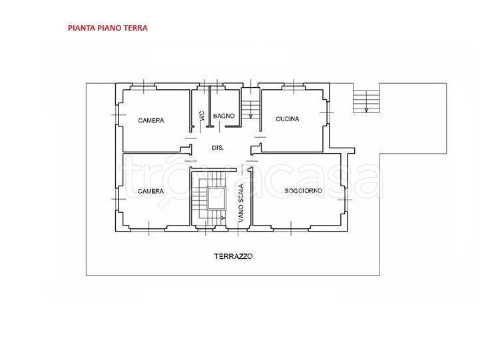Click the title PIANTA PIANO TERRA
(108, 28)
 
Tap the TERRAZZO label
(234, 256)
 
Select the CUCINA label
(288, 119)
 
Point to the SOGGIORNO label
(304, 191)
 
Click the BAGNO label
(224, 116)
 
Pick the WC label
(201, 116)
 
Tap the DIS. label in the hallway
(218, 148)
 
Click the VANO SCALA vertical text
(241, 203)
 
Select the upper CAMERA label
(151, 120)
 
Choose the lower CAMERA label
(150, 191)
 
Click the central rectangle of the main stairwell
(217, 198)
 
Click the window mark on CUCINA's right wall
(327, 112)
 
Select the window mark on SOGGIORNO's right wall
(344, 200)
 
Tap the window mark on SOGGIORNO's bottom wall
(291, 228)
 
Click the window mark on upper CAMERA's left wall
(119, 114)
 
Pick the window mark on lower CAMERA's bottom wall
(148, 228)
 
